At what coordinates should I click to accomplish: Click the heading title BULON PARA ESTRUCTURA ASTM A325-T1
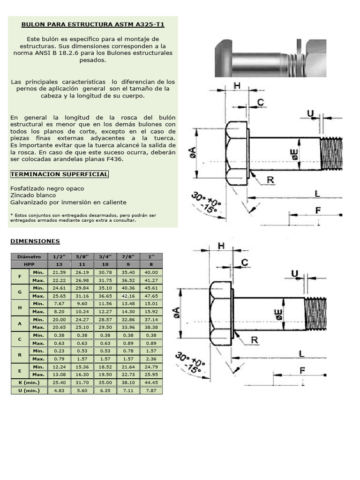pyautogui.click(x=94, y=24)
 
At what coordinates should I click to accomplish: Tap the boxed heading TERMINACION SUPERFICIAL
pyautogui.click(x=59, y=174)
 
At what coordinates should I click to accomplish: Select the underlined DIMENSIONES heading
pyautogui.click(x=35, y=241)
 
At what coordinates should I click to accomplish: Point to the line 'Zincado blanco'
pyautogui.click(x=33, y=195)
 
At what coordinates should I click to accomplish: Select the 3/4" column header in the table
pyautogui.click(x=105, y=257)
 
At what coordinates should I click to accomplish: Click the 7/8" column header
pyautogui.click(x=128, y=257)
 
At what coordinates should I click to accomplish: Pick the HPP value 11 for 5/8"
pyautogui.click(x=82, y=264)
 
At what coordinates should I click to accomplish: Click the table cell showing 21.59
pyautogui.click(x=59, y=272)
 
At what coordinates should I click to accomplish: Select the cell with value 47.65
pyautogui.click(x=151, y=296)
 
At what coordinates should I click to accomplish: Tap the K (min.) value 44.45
pyautogui.click(x=151, y=382)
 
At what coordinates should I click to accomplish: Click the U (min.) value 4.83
pyautogui.click(x=59, y=390)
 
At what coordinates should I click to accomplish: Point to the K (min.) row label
pyautogui.click(x=29, y=382)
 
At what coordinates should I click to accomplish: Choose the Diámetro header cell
pyautogui.click(x=29, y=257)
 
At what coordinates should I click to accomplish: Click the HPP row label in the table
pyautogui.click(x=29, y=264)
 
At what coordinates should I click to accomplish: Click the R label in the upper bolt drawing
pyautogui.click(x=270, y=180)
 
